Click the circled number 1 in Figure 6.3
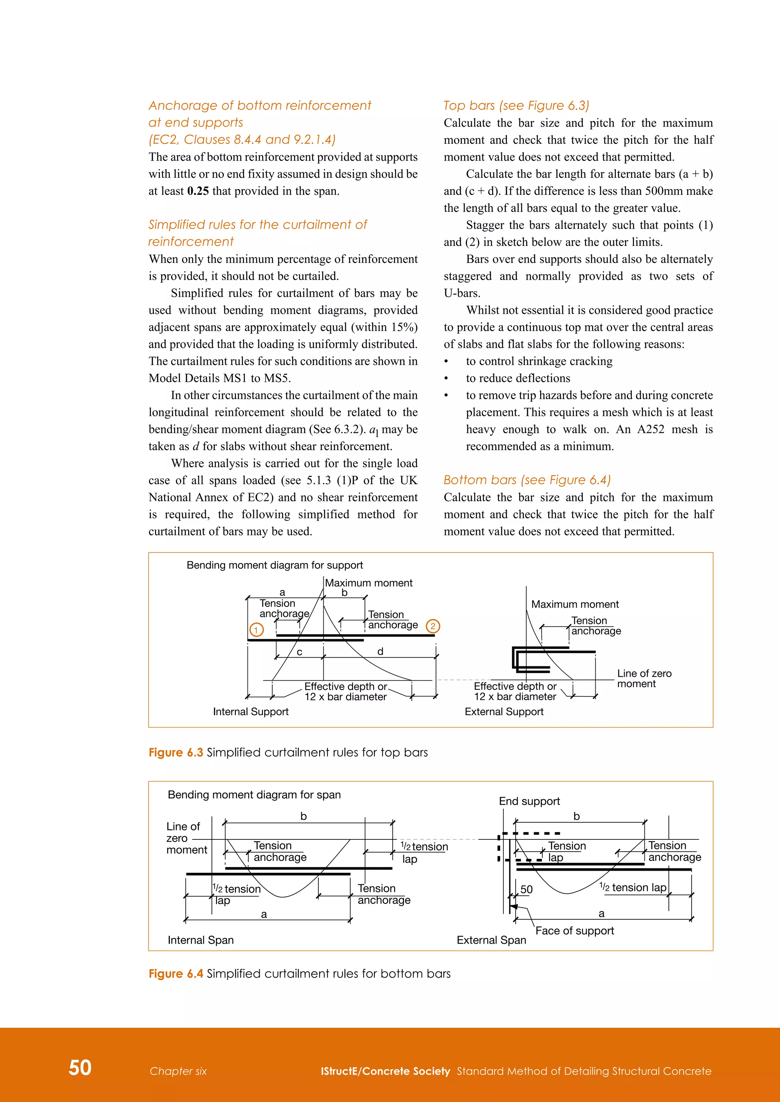(256, 629)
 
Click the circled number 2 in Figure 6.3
(433, 626)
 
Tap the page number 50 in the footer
(80, 1067)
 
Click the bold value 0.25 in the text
(198, 191)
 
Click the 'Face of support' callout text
(574, 931)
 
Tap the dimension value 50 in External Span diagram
(526, 889)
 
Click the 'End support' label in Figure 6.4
(529, 801)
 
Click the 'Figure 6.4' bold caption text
(176, 973)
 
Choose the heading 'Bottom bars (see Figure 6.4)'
(527, 480)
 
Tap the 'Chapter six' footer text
(178, 1071)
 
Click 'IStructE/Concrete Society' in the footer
(385, 1071)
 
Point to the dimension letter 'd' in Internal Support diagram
(380, 651)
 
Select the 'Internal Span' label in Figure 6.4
(201, 940)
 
